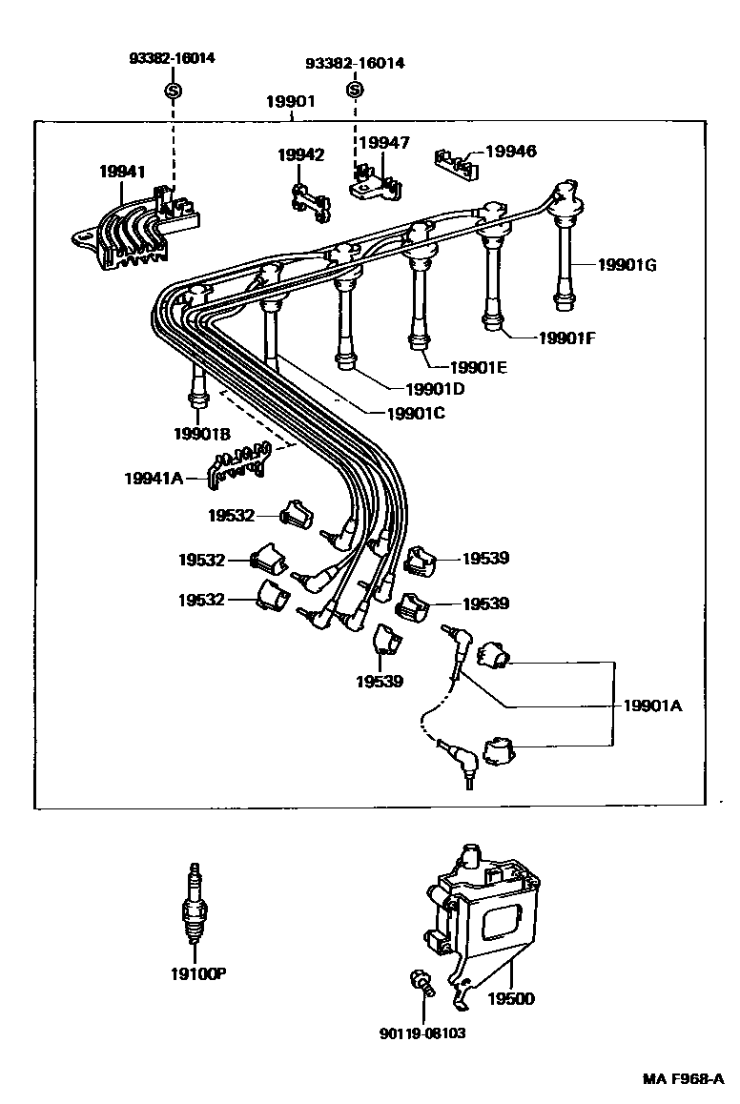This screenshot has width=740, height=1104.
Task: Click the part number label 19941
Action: [x=122, y=172]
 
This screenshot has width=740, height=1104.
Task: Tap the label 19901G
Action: [x=627, y=265]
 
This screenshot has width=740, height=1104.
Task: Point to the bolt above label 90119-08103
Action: [x=421, y=982]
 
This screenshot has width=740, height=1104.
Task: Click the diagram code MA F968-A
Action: [x=683, y=1079]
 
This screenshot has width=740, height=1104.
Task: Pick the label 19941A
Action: [x=153, y=479]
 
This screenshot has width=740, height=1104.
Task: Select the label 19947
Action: [x=384, y=143]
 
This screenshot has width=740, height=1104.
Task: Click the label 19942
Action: [x=301, y=154]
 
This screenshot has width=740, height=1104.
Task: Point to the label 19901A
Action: [x=653, y=706]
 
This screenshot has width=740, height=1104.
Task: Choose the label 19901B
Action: [x=202, y=434]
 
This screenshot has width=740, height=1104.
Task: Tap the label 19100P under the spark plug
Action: [x=198, y=973]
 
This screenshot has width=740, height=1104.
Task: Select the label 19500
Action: [x=511, y=999]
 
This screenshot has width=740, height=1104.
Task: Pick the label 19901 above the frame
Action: [x=291, y=101]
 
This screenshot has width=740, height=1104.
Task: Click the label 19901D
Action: [x=434, y=389]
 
